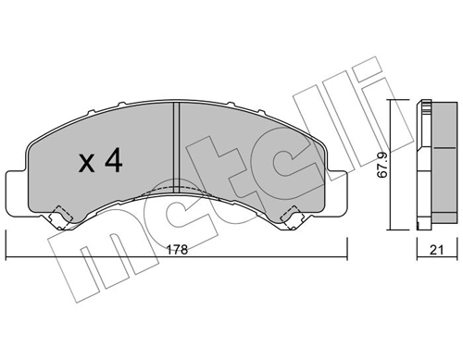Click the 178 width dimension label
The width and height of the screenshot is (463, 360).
pyautogui.click(x=178, y=250)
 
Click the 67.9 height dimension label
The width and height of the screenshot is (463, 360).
pyautogui.click(x=382, y=166)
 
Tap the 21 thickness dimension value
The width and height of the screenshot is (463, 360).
pyautogui.click(x=437, y=250)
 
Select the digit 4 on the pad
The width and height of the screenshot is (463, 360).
pyautogui.click(x=114, y=161)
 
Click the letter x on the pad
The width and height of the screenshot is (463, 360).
pyautogui.click(x=86, y=164)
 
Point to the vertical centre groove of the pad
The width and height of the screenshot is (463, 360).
pyautogui.click(x=176, y=148)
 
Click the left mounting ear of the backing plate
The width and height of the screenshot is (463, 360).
pyautogui.click(x=17, y=192)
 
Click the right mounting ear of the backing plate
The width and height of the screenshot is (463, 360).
pyautogui.click(x=336, y=192)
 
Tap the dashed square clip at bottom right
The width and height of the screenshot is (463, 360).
pyautogui.click(x=292, y=217)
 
